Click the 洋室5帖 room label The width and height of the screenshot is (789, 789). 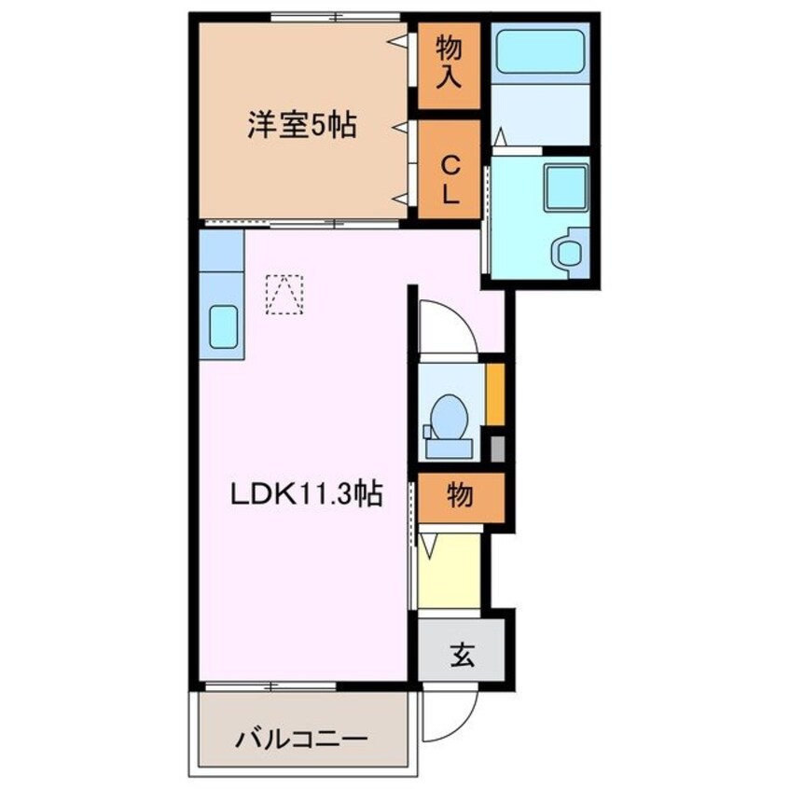(300, 125)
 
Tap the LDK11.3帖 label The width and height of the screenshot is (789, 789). (306, 494)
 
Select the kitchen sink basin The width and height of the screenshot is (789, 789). (223, 326)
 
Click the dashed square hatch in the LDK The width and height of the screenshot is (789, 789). (284, 294)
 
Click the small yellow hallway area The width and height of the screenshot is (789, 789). (449, 569)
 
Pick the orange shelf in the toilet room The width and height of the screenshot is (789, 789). (495, 393)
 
